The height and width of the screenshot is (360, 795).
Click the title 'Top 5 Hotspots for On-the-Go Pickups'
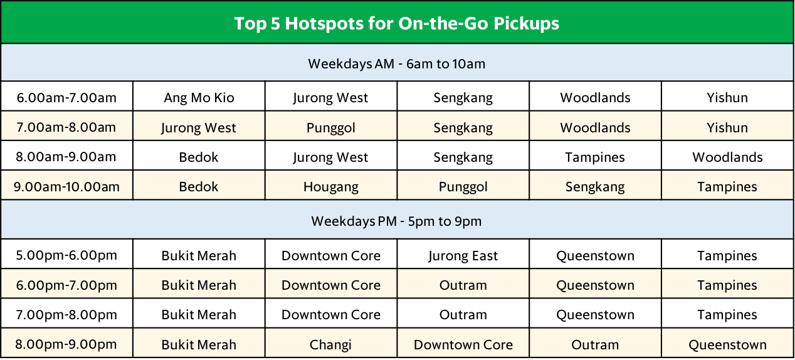(396, 23)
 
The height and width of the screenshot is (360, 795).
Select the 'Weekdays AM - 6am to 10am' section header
(396, 64)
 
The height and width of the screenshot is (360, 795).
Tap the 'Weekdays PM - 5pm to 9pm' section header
(396, 221)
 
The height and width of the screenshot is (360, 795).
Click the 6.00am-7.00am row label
(66, 98)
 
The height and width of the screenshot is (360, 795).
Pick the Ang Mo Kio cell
(199, 98)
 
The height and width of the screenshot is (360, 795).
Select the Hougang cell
(331, 187)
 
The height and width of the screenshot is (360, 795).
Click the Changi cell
(330, 345)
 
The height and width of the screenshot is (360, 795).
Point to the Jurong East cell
(463, 256)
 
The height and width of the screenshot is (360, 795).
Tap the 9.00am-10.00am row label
(66, 187)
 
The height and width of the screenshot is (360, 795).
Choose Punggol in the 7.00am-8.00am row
(331, 128)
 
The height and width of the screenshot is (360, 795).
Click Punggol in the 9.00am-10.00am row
(463, 187)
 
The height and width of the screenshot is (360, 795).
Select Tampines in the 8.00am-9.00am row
(595, 157)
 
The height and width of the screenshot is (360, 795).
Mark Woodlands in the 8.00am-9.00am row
(727, 157)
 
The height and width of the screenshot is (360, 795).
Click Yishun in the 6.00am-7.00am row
(727, 98)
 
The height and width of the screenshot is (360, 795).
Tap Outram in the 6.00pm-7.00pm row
(463, 285)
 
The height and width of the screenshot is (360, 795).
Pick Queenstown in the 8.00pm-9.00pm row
(727, 345)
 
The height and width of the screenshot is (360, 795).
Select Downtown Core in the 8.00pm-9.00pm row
(463, 345)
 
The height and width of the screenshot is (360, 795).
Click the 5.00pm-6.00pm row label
(66, 256)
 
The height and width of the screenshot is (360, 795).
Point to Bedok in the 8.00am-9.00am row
(198, 157)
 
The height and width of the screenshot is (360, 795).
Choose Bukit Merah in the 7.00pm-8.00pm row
(199, 315)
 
